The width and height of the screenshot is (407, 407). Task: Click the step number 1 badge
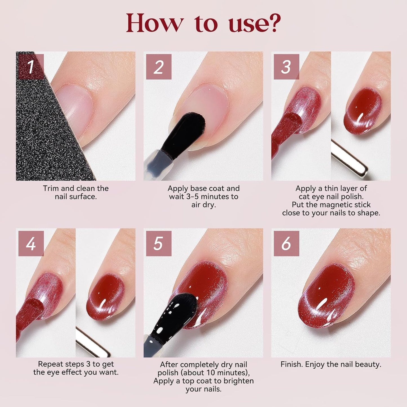point(31,67)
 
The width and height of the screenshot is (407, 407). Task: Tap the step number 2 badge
point(159,67)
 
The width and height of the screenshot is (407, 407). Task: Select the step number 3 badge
point(286,67)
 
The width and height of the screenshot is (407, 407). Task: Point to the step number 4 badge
point(31,243)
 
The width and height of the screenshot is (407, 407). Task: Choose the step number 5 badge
point(159,243)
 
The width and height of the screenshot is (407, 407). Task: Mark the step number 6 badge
point(286,243)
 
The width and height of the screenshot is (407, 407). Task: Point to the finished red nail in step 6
point(327,296)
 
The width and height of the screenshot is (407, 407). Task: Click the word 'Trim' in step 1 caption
point(50,188)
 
